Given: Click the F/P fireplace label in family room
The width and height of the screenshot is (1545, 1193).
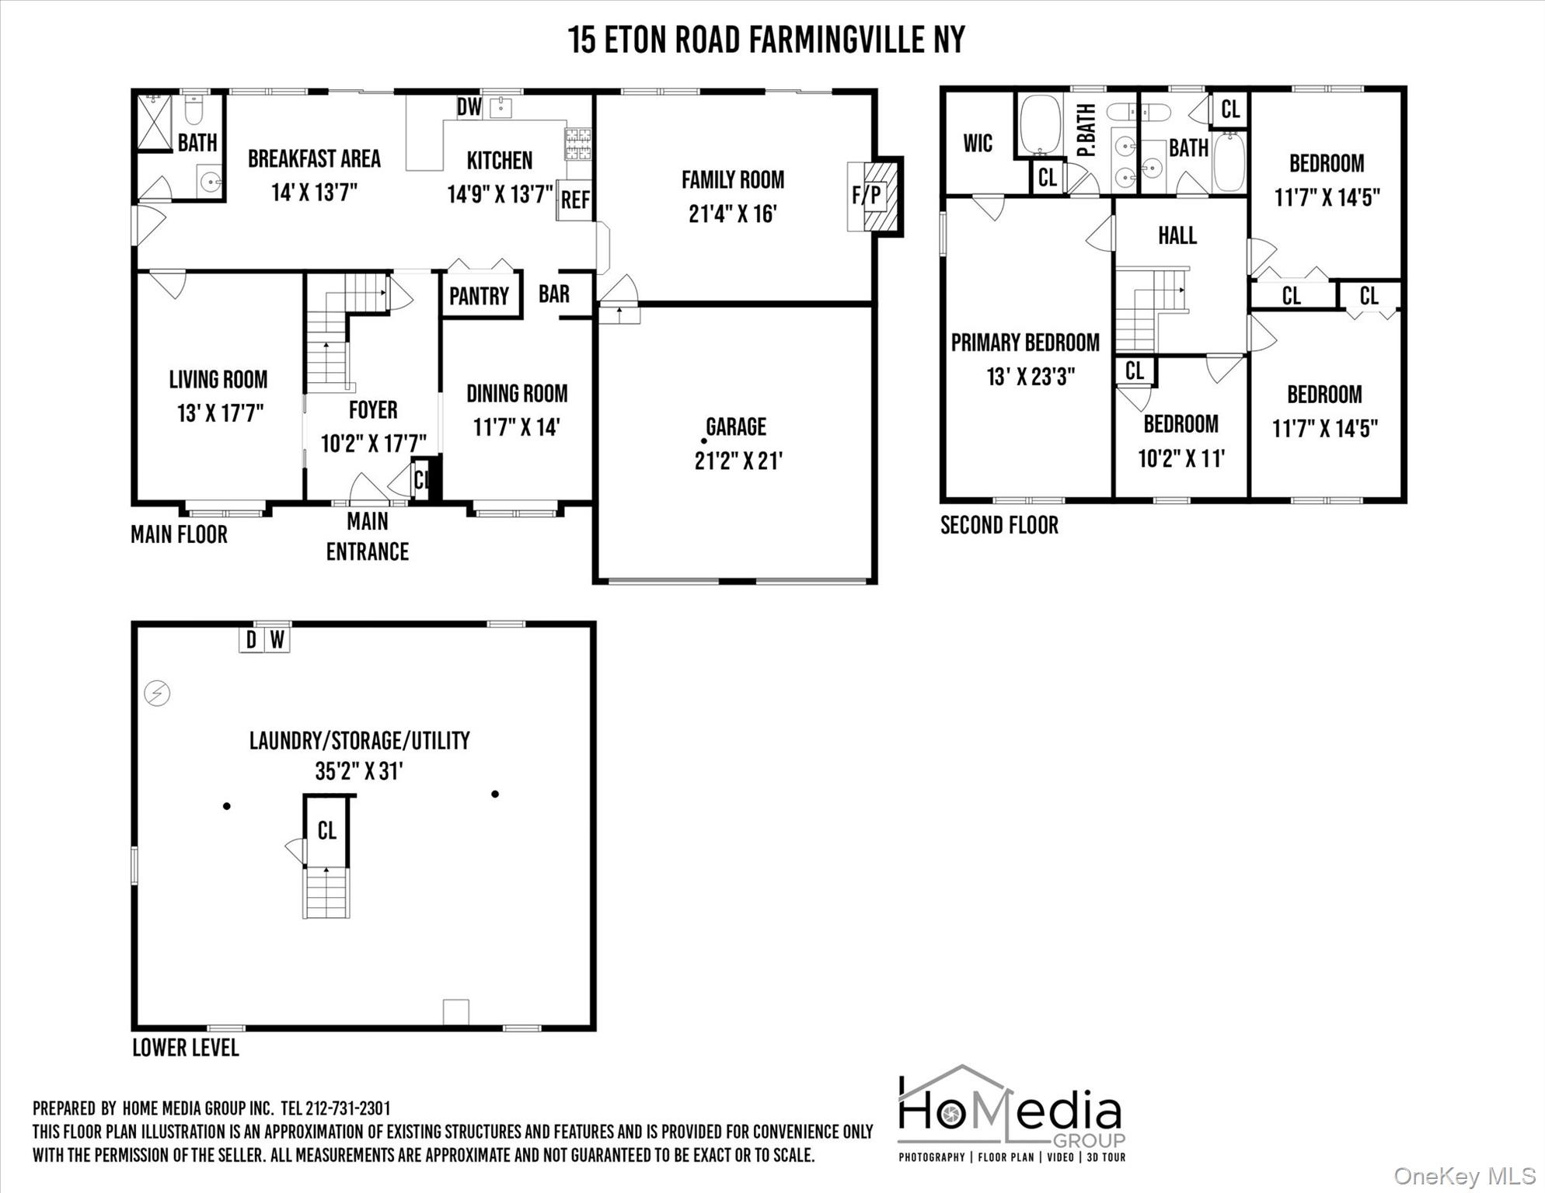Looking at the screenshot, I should point(867,194).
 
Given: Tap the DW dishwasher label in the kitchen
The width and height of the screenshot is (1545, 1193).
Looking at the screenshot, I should point(469,107).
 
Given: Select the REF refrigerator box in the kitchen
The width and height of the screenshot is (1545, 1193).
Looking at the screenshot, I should point(575,200).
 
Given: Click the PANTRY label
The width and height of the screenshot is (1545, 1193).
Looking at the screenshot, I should point(479,296).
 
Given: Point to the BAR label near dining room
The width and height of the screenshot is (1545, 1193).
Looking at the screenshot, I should point(554,294).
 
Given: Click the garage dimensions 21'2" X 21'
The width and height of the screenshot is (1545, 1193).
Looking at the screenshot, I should point(738,461).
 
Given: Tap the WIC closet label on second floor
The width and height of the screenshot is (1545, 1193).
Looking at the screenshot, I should point(978,144).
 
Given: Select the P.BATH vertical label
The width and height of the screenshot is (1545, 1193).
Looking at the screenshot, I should point(1086,130).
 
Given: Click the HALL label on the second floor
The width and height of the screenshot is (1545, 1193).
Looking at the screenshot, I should point(1177,235).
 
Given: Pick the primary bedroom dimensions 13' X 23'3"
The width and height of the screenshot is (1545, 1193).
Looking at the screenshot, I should point(1031,377).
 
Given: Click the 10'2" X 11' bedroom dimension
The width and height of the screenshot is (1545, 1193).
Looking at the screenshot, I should point(1181,459).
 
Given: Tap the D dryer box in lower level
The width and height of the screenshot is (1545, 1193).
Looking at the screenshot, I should point(251,641).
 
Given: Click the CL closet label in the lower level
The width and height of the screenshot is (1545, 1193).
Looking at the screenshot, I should point(326,831).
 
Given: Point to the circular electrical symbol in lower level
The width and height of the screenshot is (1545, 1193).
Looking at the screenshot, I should point(158,693).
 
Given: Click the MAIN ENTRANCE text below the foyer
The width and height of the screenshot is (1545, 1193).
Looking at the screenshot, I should point(368,536).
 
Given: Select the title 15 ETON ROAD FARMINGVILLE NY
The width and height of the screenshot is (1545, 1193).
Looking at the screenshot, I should point(766,40).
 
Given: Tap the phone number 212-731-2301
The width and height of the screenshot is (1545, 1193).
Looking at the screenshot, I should point(348,1108).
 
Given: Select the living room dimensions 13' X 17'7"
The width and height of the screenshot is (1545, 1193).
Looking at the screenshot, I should point(220,413).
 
